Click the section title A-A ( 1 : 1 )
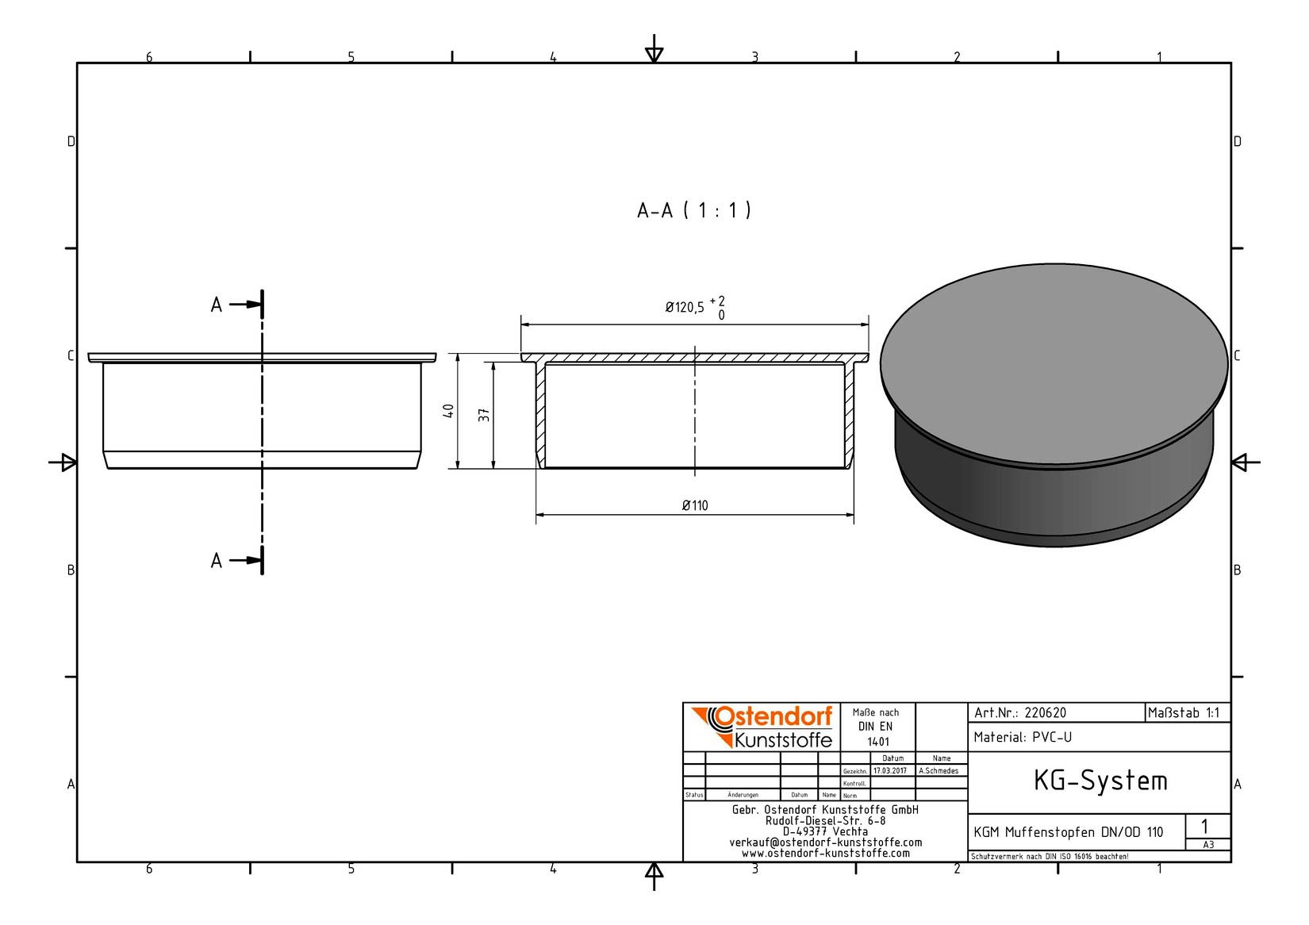click(x=693, y=210)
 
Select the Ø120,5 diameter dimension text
click(x=685, y=307)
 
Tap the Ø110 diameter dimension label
click(x=695, y=505)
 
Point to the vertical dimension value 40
click(x=449, y=410)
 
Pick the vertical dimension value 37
click(x=484, y=415)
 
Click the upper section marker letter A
click(x=217, y=305)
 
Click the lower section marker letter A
click(x=217, y=560)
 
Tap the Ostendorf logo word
click(x=773, y=717)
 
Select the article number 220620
click(x=1046, y=713)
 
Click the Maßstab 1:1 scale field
click(x=1184, y=713)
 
